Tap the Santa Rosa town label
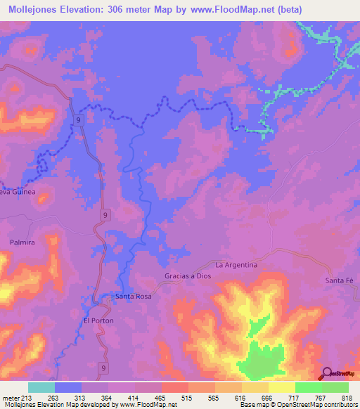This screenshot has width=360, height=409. tap(134, 297)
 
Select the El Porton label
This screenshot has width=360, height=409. tap(98, 320)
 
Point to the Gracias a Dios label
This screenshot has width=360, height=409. tap(188, 276)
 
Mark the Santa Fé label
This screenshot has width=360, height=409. tap(338, 281)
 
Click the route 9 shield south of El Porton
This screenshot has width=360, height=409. tap(104, 368)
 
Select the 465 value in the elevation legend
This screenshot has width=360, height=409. tap(163, 396)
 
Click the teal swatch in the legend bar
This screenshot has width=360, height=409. tap(41, 387)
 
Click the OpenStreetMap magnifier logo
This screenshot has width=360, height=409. tap(327, 373)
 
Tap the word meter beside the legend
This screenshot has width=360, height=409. tap(10, 396)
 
